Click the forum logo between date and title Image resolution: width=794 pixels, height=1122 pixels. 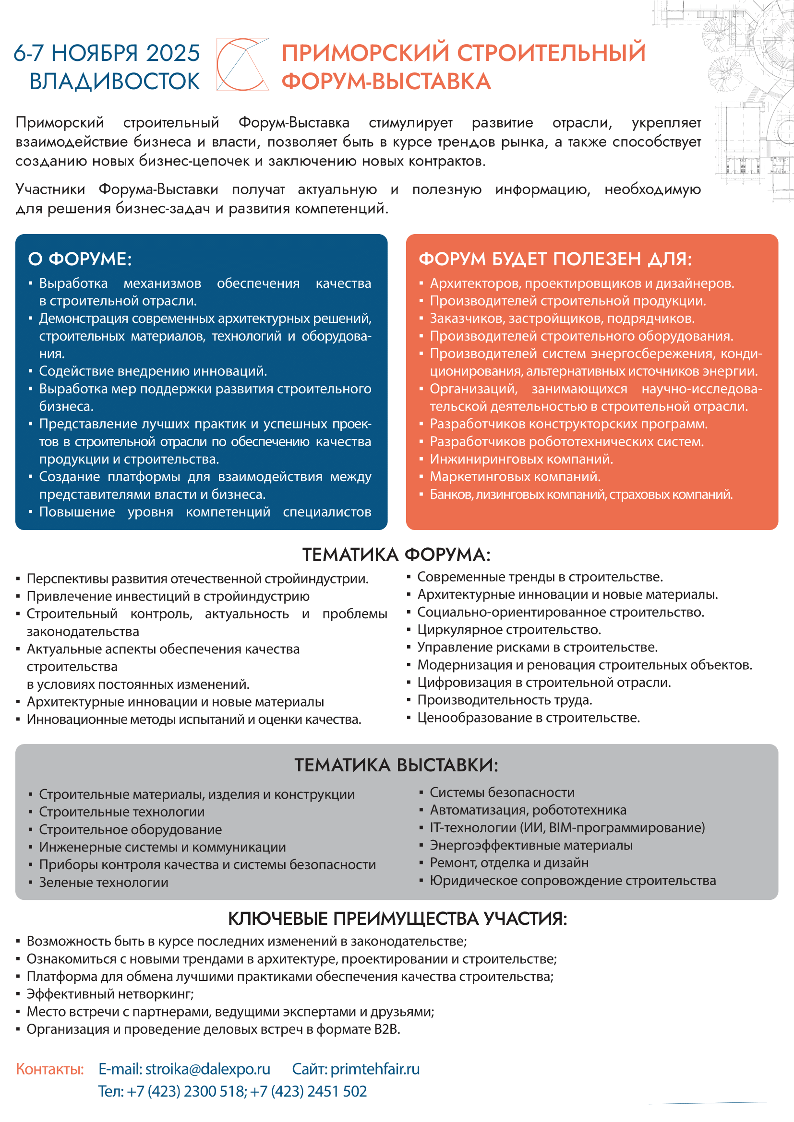coord(242,64)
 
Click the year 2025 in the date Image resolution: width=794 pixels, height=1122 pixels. coord(173,53)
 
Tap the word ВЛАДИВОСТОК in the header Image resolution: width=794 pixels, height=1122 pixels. coord(114,82)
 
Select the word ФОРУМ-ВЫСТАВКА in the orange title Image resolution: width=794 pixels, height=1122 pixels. coord(386,82)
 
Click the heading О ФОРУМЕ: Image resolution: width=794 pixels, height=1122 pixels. coord(80,259)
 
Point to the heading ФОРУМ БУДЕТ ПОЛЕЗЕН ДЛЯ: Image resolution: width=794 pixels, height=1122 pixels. coord(555,259)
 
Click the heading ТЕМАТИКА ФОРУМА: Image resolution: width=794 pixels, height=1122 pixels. coord(397,555)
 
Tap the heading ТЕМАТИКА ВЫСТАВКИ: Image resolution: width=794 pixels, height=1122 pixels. coord(397,765)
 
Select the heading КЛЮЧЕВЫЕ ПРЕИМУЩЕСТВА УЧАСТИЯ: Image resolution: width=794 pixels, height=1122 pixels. coord(397,919)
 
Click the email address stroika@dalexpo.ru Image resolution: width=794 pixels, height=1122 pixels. coord(207,1069)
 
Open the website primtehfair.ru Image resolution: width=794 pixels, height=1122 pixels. coord(375,1069)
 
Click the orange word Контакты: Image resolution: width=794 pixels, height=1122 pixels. coord(50,1069)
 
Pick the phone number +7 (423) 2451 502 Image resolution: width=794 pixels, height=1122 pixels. coord(309,1091)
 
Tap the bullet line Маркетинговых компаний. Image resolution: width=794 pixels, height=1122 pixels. coord(515,476)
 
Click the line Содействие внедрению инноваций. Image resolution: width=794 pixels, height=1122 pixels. coord(153,371)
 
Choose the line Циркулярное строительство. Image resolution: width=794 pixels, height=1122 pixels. coord(509,630)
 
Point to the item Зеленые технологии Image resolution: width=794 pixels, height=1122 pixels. coord(104,883)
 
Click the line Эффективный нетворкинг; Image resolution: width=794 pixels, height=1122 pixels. coord(110,994)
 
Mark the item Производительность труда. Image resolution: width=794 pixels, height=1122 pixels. coord(505,700)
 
